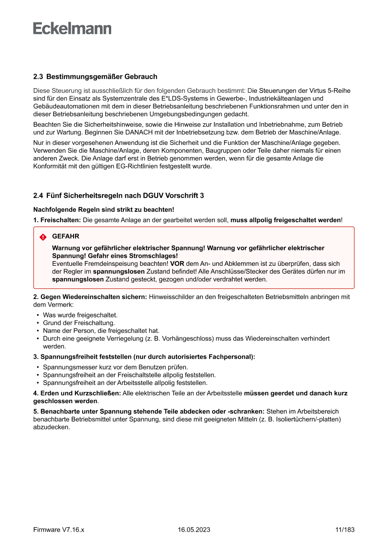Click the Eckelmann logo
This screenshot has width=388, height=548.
pos(72,29)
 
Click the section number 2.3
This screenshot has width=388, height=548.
pos(38,76)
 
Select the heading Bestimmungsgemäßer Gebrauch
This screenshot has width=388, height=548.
pos(102,76)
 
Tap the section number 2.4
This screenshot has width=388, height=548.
pos(38,195)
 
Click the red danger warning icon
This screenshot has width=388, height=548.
pos(43,237)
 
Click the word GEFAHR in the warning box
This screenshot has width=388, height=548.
pos(65,237)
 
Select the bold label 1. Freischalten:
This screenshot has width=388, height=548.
pos(57,220)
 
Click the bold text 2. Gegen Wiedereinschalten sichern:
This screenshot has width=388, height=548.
pos(90,297)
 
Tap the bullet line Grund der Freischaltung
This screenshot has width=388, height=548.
pos(79,323)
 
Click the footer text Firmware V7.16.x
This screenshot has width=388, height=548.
pos(59,530)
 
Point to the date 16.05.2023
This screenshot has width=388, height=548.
pos(194,530)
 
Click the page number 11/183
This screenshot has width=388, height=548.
pos(345,530)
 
